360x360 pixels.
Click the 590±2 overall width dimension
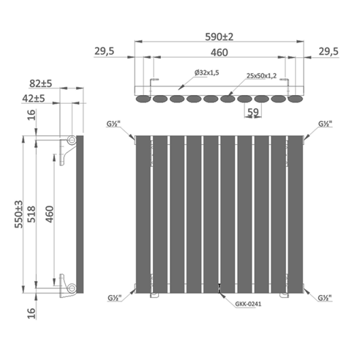(x=219, y=37)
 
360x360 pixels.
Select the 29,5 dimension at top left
(x=104, y=51)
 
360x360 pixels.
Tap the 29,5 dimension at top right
(x=329, y=51)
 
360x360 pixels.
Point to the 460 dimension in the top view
(x=220, y=53)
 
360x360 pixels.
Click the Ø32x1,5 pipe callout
(x=206, y=72)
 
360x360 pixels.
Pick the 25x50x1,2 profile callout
(x=261, y=76)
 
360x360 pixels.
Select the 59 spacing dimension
(x=252, y=112)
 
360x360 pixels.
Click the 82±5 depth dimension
(x=41, y=83)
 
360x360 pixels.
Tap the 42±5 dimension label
(x=34, y=99)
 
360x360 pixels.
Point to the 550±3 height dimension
(x=19, y=214)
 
